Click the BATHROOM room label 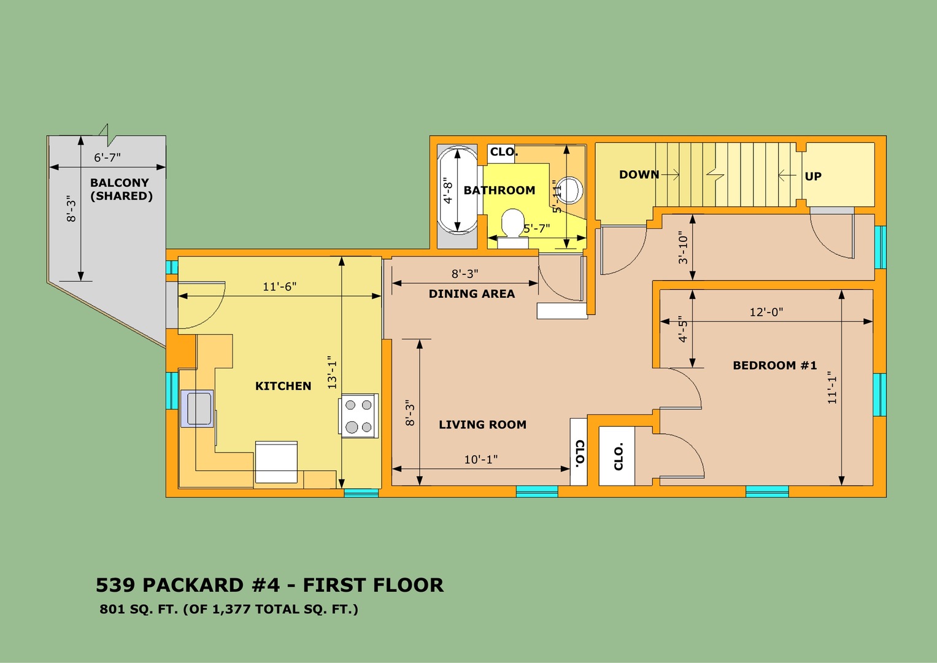click(499, 190)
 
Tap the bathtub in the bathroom click(457, 190)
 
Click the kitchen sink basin click(198, 408)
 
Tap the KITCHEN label click(283, 386)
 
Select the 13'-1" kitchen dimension click(332, 372)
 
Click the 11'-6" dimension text click(279, 287)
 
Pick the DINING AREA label click(472, 294)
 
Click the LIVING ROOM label click(482, 424)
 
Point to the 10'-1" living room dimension click(481, 460)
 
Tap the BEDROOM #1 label click(775, 365)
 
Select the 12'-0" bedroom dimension click(766, 312)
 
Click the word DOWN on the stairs click(639, 174)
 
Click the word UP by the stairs click(813, 177)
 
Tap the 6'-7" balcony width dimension click(107, 158)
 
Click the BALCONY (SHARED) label click(121, 189)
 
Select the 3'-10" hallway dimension click(683, 247)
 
